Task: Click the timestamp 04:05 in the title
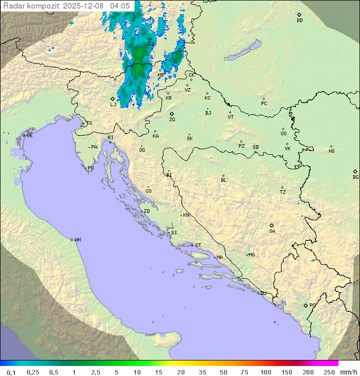(120, 6)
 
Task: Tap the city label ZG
(172, 120)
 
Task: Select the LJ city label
(113, 104)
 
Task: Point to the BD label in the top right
(299, 21)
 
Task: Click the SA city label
(272, 231)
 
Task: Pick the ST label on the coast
(198, 245)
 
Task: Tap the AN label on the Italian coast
(77, 240)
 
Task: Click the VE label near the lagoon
(29, 136)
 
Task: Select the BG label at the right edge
(355, 177)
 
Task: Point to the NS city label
(331, 151)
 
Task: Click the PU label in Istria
(90, 168)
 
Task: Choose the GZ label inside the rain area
(151, 44)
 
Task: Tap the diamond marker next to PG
(305, 305)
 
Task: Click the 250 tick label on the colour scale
(329, 371)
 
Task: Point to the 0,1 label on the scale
(11, 371)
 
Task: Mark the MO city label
(251, 255)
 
